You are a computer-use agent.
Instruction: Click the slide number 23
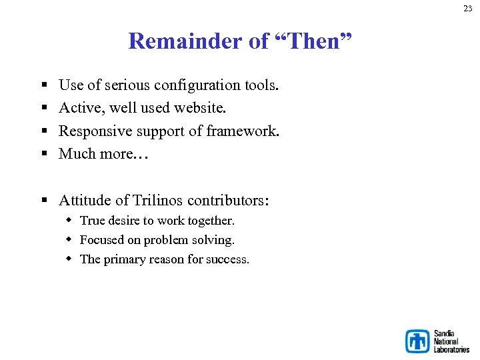(x=468, y=9)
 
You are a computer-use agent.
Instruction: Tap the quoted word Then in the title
(x=312, y=41)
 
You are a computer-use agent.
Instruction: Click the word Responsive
(x=94, y=131)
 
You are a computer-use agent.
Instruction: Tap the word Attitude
(x=84, y=200)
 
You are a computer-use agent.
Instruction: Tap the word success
(x=227, y=259)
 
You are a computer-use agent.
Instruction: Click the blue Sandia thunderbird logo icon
(x=418, y=341)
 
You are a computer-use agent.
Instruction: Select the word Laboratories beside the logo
(x=451, y=349)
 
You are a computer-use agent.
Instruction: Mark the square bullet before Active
(x=44, y=108)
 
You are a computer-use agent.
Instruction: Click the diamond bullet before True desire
(x=69, y=220)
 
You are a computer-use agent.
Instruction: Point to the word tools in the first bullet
(x=262, y=85)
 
